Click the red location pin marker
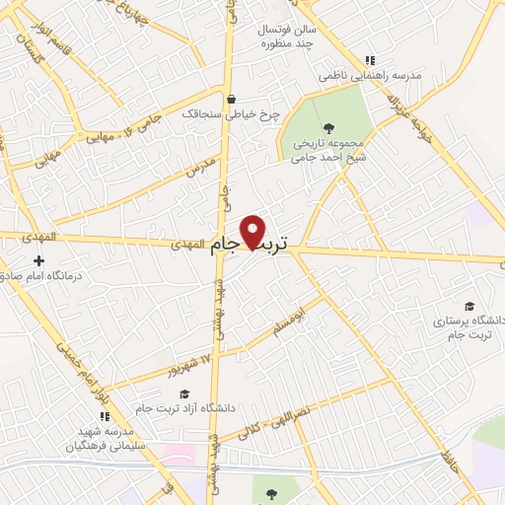pos(253,232)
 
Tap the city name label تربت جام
pos(252,247)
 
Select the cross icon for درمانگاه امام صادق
pos(38,261)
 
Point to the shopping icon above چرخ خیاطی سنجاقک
pos(231,99)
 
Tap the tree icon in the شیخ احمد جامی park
pos(328,126)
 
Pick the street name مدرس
pos(200,165)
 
